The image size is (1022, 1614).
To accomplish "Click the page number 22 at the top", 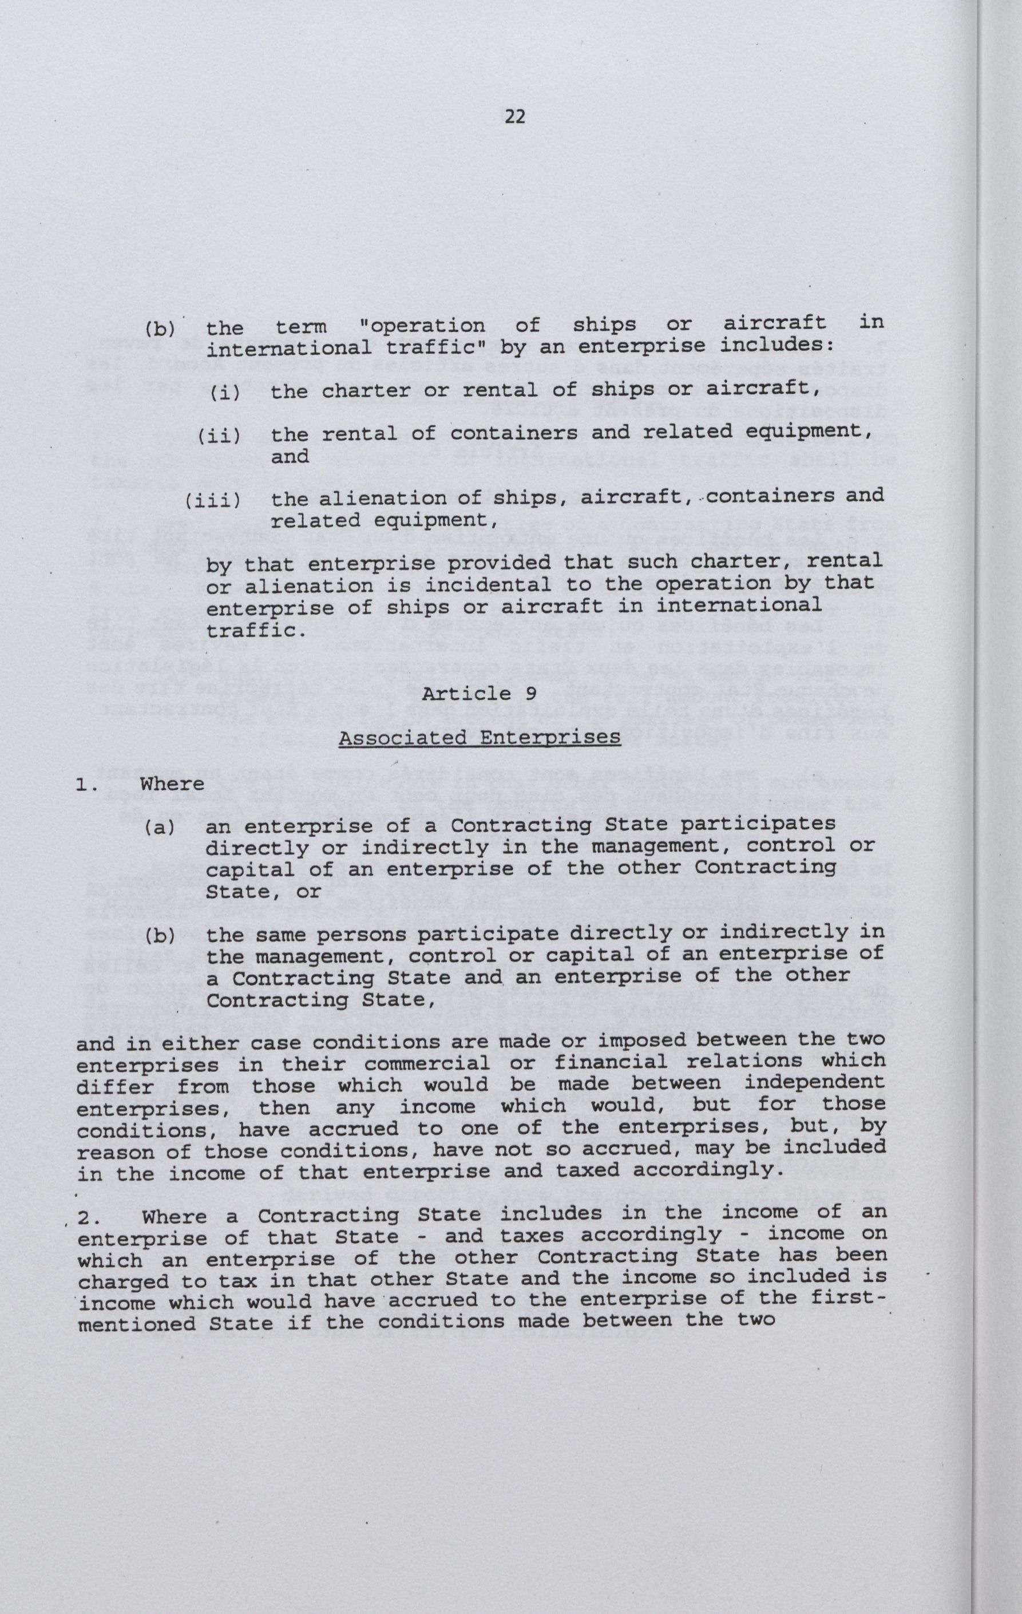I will click(x=514, y=117).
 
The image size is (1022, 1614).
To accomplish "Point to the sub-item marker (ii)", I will click(x=219, y=436).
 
